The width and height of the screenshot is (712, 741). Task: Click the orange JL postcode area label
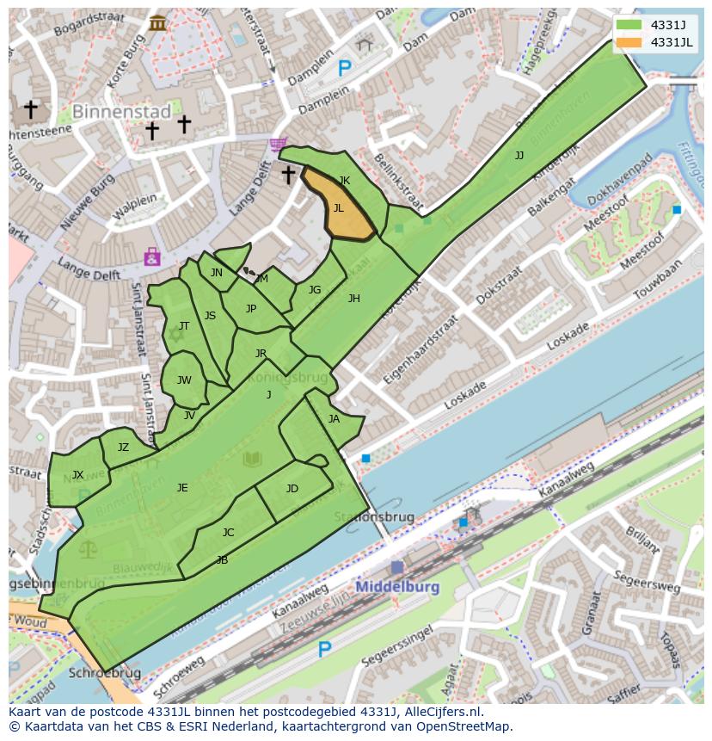339,208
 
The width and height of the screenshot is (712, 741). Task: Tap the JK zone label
345,181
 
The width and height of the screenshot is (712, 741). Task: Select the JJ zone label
519,156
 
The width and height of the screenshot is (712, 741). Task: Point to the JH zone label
353,299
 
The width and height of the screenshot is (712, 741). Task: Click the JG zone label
315,290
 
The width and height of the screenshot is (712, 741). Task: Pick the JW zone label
184,380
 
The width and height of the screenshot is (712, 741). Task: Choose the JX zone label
78,475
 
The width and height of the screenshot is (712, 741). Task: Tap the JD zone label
292,489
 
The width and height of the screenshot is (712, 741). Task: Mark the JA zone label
334,419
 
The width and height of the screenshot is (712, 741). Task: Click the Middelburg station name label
397,587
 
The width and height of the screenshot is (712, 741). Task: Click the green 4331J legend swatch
629,26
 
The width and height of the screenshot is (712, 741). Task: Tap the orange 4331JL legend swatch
629,43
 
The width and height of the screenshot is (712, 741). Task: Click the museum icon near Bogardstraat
157,23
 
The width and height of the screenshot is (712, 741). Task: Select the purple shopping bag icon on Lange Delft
152,256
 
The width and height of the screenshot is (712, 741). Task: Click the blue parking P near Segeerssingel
324,650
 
